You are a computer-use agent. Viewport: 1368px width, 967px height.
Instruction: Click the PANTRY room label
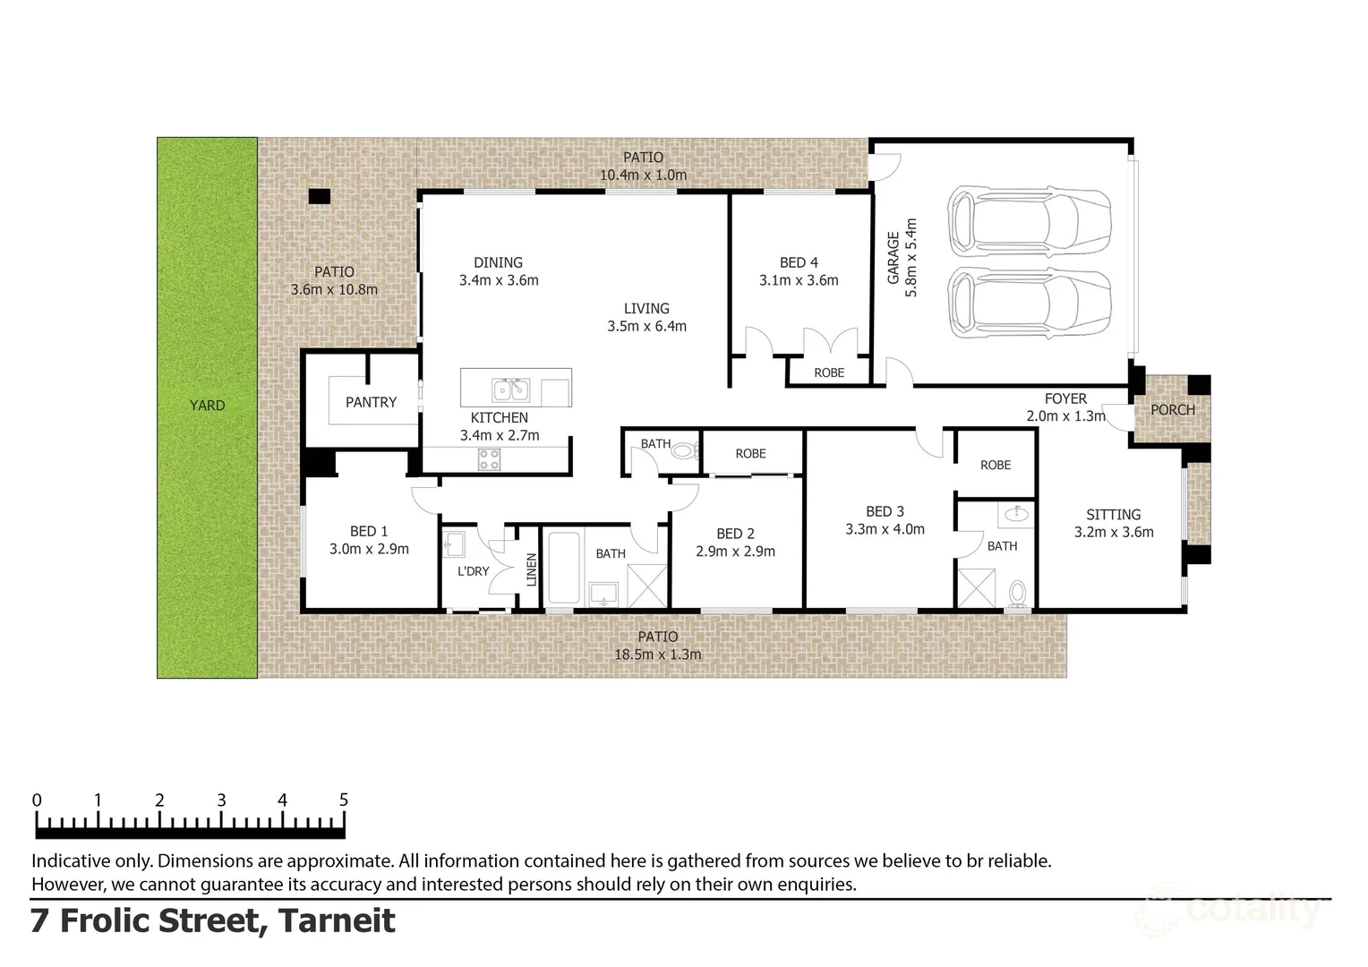[371, 403]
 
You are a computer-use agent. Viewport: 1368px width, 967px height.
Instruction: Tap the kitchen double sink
[510, 390]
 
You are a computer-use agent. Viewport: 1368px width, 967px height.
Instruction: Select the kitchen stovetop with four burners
[489, 459]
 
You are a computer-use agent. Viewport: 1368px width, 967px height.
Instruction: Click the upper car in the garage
[1029, 221]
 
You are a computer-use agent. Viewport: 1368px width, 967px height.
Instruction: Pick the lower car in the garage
[1029, 303]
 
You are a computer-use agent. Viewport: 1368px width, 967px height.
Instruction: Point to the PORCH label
[1172, 410]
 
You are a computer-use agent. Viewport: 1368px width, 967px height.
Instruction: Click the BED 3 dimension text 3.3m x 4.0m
[885, 529]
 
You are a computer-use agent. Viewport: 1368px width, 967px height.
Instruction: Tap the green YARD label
[207, 406]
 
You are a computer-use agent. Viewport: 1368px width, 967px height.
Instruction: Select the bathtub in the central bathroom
[564, 567]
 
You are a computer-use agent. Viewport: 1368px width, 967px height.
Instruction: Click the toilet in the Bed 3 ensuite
[1017, 594]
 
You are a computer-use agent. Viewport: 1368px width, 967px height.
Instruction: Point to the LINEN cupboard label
[531, 569]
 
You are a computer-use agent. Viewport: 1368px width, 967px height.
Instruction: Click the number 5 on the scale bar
[343, 800]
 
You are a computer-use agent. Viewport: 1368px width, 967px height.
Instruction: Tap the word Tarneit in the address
[337, 920]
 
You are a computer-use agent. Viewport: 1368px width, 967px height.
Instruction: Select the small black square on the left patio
[319, 196]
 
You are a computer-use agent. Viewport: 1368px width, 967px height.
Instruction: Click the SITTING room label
[1113, 515]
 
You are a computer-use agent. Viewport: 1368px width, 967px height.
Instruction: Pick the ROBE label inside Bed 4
[829, 372]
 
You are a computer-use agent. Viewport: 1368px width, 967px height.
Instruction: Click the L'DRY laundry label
[473, 571]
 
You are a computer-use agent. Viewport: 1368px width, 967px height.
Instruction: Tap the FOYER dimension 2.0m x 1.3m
[1065, 416]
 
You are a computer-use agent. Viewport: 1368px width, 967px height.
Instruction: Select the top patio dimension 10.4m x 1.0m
[643, 175]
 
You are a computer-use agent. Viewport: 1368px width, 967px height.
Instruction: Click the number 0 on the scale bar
[37, 800]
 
